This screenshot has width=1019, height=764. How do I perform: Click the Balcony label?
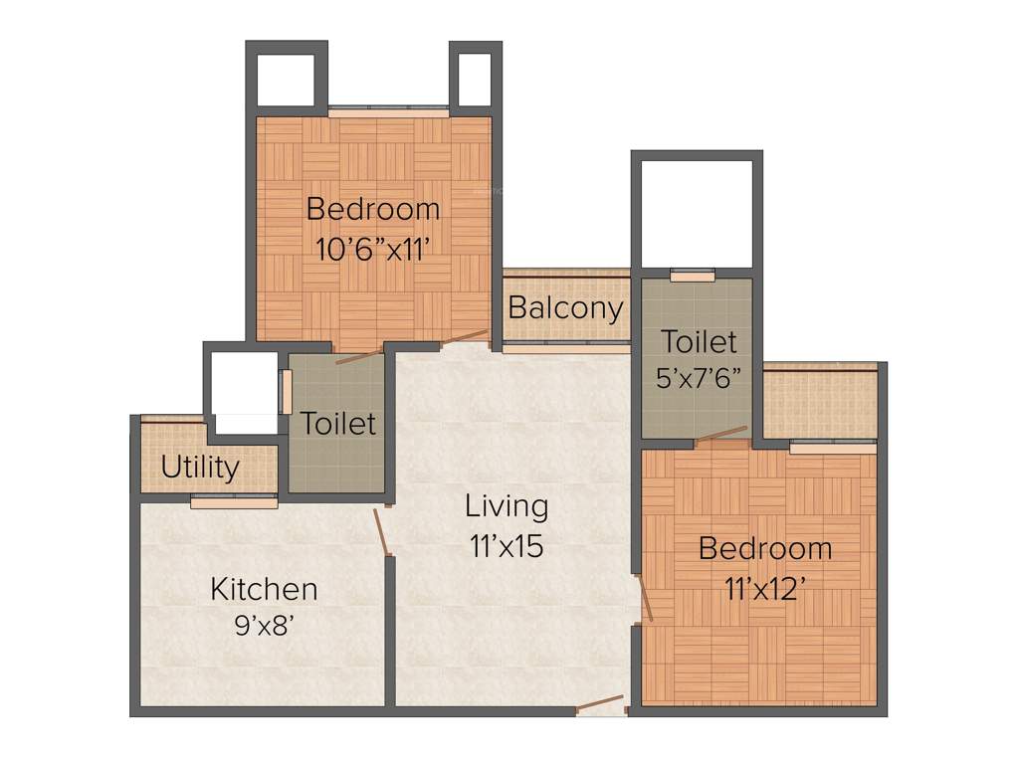tap(565, 307)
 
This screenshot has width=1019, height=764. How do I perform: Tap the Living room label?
tap(507, 505)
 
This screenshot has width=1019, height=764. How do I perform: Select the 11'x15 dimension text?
tap(507, 545)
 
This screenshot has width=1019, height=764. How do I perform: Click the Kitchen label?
tap(264, 589)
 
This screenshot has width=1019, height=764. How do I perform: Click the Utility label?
tap(200, 467)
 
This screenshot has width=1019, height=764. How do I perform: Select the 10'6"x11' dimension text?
tap(372, 249)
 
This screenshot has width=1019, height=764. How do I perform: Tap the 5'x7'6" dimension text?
tap(700, 380)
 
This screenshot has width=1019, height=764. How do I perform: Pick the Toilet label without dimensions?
tap(338, 424)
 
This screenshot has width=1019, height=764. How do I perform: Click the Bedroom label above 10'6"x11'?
tap(372, 209)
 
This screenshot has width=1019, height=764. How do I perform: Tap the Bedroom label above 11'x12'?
tap(764, 548)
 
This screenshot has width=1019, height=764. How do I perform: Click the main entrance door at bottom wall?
tap(600, 705)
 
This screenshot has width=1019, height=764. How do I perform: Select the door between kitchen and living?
tap(382, 532)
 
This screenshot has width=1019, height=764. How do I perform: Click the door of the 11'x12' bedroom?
tap(644, 597)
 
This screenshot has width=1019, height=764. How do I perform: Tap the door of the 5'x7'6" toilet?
tap(721, 434)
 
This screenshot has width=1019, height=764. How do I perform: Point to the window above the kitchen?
tap(234, 502)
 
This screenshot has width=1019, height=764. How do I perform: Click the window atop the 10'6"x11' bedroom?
tap(388, 112)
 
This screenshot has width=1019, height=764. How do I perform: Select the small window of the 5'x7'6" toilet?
tap(693, 275)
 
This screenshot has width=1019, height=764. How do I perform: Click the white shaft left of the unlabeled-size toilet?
tap(245, 392)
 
